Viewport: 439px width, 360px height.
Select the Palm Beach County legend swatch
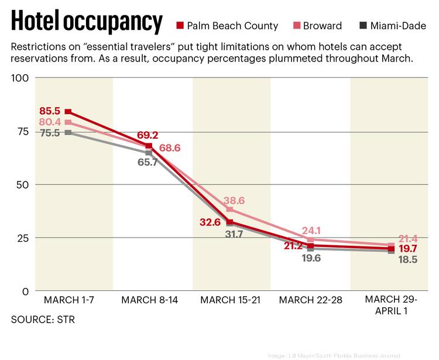coord(180,26)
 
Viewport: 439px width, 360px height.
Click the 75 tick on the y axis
coord(22,131)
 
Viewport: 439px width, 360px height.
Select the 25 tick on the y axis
coord(22,238)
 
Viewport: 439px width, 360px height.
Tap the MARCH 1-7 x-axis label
coord(70,300)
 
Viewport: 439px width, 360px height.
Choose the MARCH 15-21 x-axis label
coord(229,300)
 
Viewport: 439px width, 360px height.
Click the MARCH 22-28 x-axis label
coord(310,300)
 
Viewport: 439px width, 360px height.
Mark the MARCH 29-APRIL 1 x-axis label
coord(390,305)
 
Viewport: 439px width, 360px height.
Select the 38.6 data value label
coord(233,200)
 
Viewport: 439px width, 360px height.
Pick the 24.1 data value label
coord(311,230)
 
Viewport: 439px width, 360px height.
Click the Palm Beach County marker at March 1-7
coord(68,112)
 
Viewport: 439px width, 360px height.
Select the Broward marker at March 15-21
coord(230,210)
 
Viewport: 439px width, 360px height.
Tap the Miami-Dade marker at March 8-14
coord(149,153)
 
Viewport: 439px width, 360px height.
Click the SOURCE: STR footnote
coord(43,320)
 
